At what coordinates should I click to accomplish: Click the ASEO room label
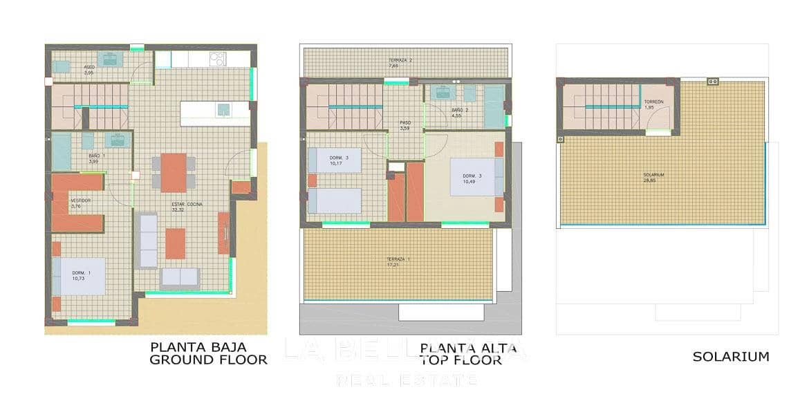click(x=89, y=67)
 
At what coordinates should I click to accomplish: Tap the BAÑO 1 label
click(x=96, y=156)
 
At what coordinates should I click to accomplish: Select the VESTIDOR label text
click(x=80, y=201)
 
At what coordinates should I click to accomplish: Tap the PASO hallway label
click(x=405, y=123)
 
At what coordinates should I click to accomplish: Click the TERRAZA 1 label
click(x=398, y=259)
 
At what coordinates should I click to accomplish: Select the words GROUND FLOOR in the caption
click(x=208, y=360)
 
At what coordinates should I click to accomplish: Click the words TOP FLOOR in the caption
click(x=461, y=360)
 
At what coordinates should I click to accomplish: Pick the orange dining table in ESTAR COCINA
click(x=174, y=172)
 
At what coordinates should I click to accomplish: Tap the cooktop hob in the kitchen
click(x=217, y=59)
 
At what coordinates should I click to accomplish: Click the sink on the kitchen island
click(x=223, y=109)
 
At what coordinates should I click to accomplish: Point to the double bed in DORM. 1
click(x=80, y=276)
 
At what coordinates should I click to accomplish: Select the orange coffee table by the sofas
click(x=175, y=243)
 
